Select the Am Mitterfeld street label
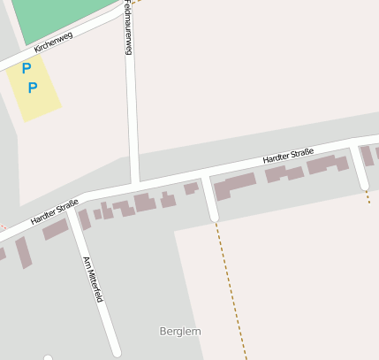click(x=93, y=280)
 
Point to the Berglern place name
click(x=180, y=331)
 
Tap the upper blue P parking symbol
click(x=27, y=68)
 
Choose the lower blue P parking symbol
click(x=33, y=87)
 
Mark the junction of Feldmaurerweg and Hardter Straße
click(x=135, y=183)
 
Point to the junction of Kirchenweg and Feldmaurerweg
click(x=125, y=11)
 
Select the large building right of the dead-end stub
click(x=234, y=186)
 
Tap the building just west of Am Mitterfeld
click(x=56, y=229)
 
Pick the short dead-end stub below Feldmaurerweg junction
click(x=209, y=200)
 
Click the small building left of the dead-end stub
click(x=190, y=188)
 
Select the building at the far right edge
click(x=367, y=156)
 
